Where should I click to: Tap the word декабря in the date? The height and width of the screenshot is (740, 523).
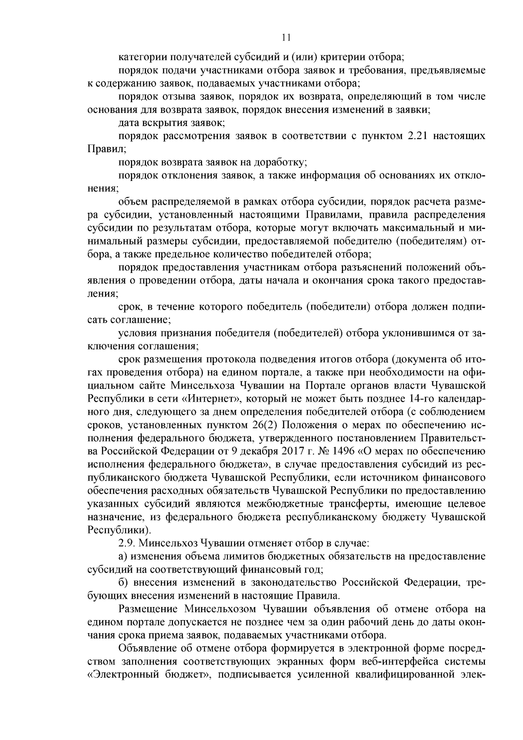(x=242, y=451)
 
